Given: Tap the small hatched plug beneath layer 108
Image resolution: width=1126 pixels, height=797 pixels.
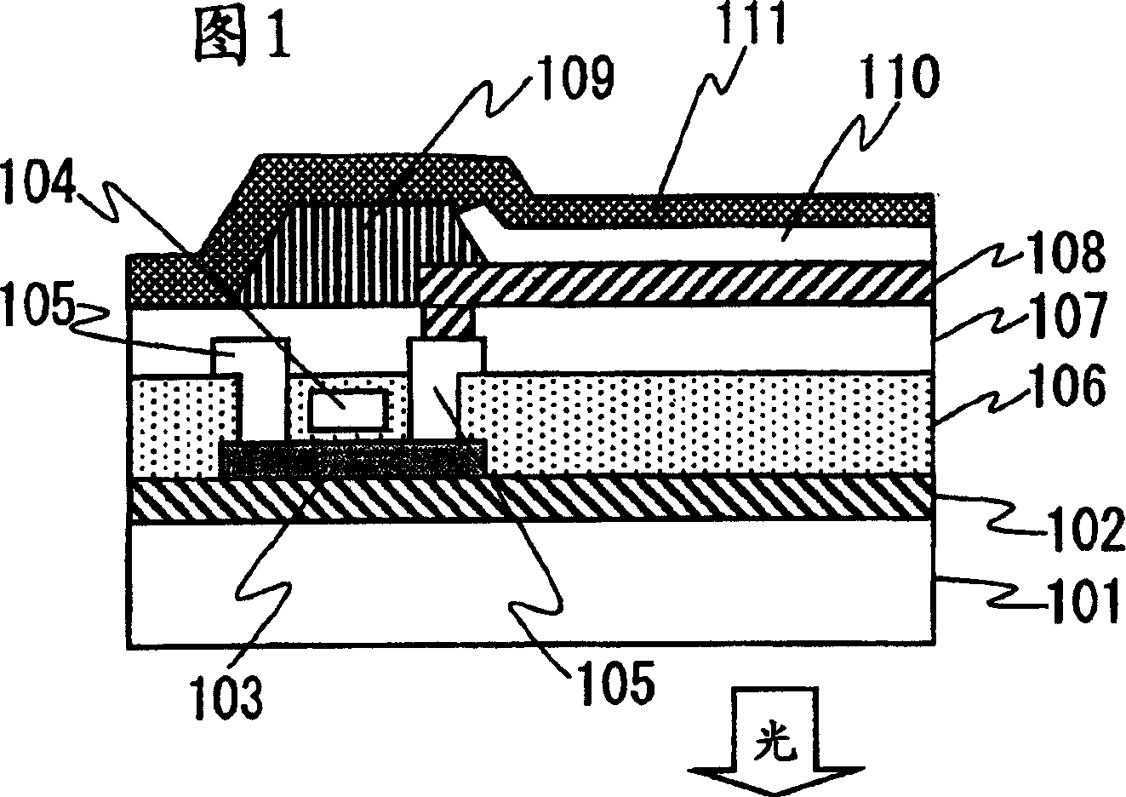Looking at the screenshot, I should point(448,322).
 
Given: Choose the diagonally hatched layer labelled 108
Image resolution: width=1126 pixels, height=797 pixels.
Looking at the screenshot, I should point(681,284).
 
